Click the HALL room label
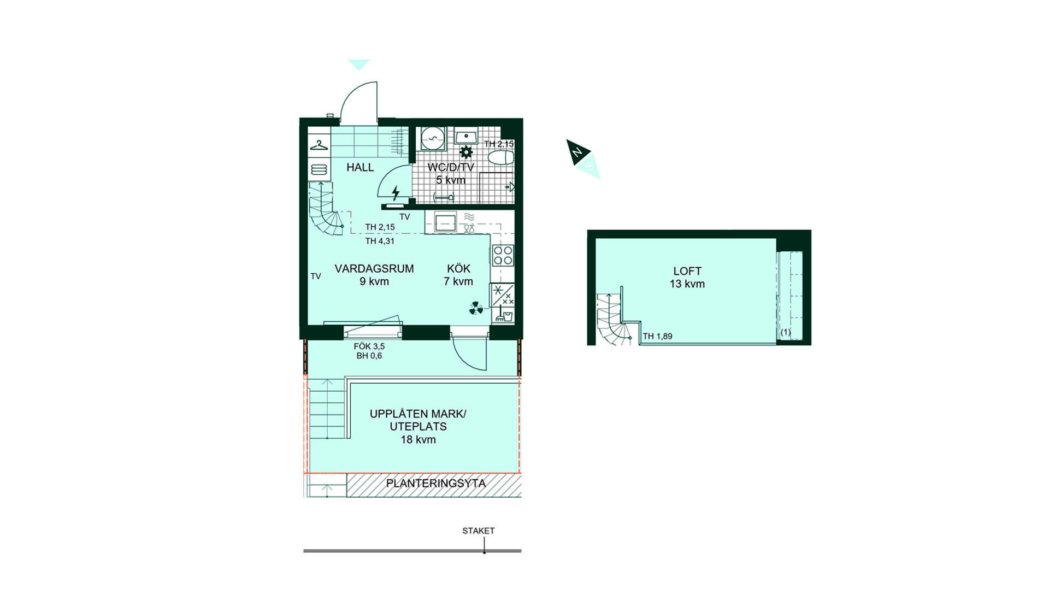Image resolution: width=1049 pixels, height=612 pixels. tap(360, 167)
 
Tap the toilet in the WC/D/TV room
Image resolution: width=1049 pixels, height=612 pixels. tap(501, 158)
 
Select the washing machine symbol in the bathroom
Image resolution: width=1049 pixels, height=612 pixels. tap(433, 138)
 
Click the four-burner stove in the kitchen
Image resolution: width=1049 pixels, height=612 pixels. tap(503, 255)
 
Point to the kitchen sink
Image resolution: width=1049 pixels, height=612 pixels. tap(445, 222)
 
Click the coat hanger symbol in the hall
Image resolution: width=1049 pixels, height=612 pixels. tap(319, 145)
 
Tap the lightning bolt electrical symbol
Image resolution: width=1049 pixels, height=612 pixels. tap(396, 192)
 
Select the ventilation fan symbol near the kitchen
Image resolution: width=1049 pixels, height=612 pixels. tap(476, 309)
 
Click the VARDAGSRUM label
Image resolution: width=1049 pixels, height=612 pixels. tap(374, 268)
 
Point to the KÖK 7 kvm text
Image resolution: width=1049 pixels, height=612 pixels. tap(458, 275)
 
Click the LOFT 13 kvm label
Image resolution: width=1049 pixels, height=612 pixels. tap(687, 278)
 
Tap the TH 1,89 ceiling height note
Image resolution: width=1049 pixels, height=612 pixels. tap(658, 336)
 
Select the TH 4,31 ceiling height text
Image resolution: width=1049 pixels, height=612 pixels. tap(380, 241)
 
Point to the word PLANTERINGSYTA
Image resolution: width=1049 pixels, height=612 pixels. tap(436, 484)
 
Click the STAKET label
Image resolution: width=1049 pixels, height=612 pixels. tap(479, 531)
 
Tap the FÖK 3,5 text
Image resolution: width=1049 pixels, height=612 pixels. tap(369, 346)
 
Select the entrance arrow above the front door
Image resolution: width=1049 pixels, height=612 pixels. tap(359, 64)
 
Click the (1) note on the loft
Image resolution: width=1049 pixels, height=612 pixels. tap(786, 332)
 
